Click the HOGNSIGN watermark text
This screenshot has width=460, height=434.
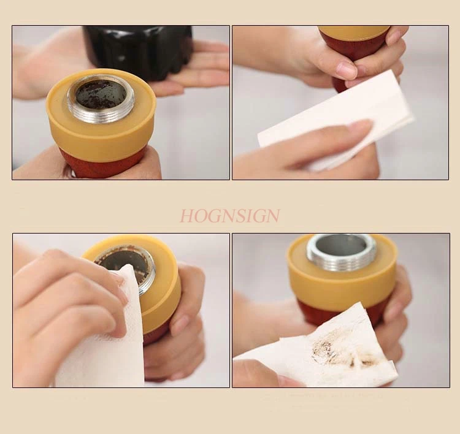tap(229, 216)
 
